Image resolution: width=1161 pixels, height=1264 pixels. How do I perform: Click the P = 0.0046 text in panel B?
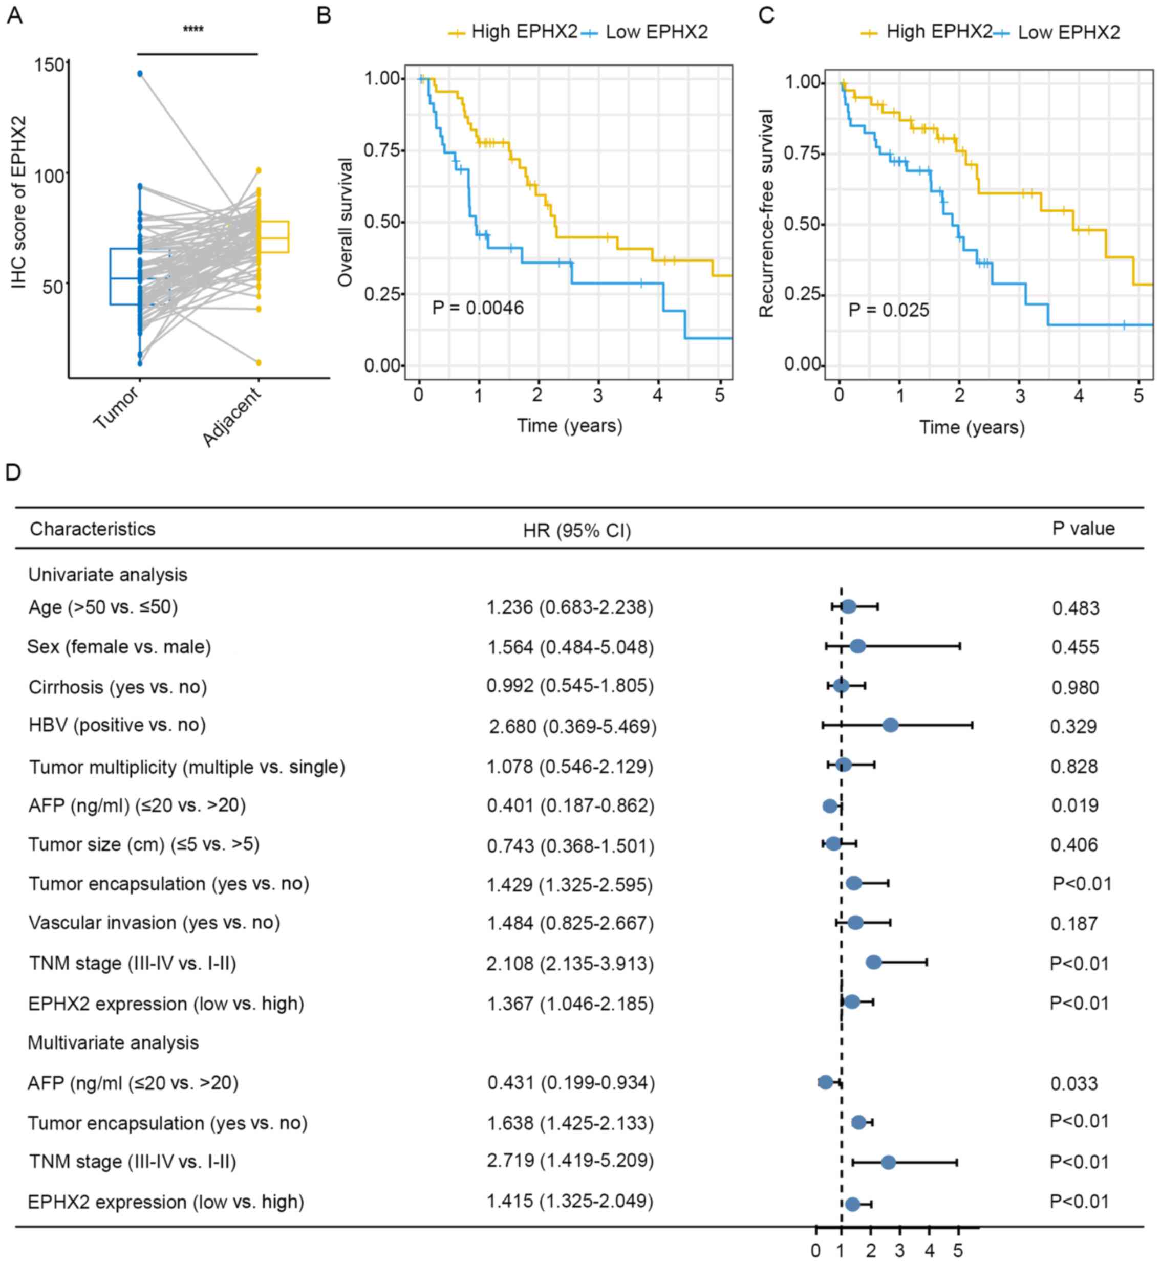click(478, 308)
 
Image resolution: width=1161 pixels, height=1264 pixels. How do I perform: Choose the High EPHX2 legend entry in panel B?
click(512, 31)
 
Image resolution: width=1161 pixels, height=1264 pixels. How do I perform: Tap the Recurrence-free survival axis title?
click(766, 213)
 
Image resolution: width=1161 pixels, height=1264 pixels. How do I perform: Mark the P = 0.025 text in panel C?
click(888, 310)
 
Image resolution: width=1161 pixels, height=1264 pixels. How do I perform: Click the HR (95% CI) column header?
click(577, 531)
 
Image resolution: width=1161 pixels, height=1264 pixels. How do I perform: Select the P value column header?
click(1083, 529)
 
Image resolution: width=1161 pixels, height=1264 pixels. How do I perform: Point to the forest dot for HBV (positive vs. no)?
click(890, 725)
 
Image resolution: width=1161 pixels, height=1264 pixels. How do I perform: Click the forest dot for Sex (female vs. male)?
click(857, 646)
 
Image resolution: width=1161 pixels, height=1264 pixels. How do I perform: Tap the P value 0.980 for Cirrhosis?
click(1075, 688)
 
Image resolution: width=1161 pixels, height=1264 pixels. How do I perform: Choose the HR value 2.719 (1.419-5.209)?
click(570, 1161)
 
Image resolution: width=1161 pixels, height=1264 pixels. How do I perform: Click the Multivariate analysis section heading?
click(113, 1043)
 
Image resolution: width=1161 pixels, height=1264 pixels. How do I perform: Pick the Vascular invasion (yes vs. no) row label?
click(155, 923)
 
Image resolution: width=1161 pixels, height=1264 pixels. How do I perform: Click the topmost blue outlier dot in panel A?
click(140, 74)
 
